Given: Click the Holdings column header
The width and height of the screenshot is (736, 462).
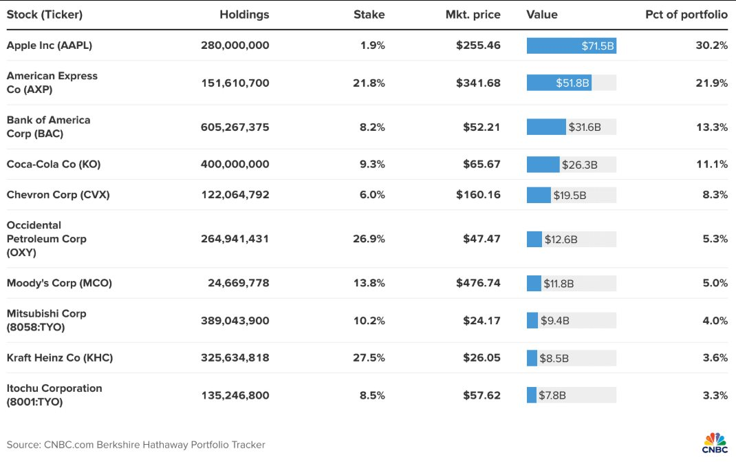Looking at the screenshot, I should pyautogui.click(x=244, y=14).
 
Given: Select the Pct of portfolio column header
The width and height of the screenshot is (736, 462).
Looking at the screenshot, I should pyautogui.click(x=686, y=14).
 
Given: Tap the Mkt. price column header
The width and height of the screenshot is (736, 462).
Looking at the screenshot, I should pyautogui.click(x=473, y=14).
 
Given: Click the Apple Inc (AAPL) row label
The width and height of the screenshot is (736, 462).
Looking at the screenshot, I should pyautogui.click(x=49, y=45).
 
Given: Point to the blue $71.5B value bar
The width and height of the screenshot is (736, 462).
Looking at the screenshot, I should pyautogui.click(x=571, y=45).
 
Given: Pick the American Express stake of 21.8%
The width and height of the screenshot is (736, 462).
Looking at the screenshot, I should pyautogui.click(x=369, y=83).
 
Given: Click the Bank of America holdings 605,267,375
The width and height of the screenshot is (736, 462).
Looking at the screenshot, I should pyautogui.click(x=235, y=127).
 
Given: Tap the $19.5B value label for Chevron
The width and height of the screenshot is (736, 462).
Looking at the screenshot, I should pyautogui.click(x=570, y=195).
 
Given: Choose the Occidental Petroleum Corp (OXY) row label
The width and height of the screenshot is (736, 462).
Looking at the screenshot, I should pyautogui.click(x=46, y=239).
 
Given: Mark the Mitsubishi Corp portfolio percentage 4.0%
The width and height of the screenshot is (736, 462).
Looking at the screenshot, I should pyautogui.click(x=715, y=320).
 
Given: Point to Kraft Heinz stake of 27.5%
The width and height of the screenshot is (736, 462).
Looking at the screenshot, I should pyautogui.click(x=369, y=358).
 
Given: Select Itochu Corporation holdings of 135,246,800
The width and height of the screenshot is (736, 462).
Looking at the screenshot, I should pyautogui.click(x=235, y=395).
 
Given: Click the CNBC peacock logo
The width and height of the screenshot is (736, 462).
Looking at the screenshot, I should pyautogui.click(x=714, y=441).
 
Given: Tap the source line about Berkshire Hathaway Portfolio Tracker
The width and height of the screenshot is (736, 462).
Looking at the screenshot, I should pyautogui.click(x=136, y=445).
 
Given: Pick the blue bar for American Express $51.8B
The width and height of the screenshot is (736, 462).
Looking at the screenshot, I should pyautogui.click(x=559, y=83).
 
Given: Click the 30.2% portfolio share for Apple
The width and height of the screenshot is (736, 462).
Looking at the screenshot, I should pyautogui.click(x=711, y=45).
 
